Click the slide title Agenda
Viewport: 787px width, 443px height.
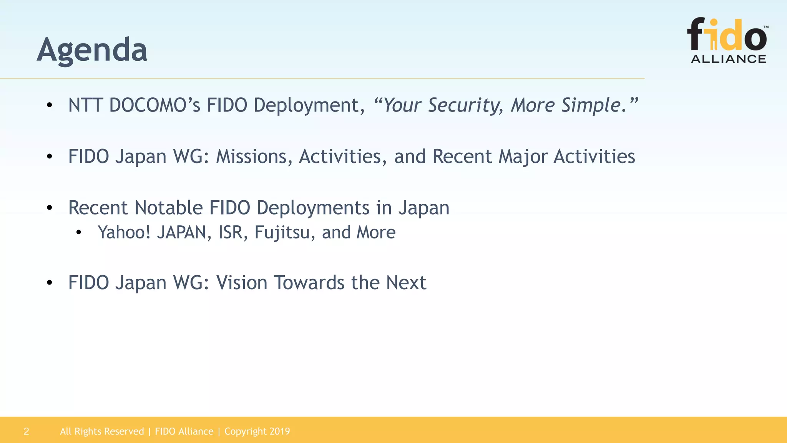coord(92,50)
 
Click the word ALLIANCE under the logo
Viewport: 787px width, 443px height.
coord(728,59)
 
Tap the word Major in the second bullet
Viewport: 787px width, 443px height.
coord(523,157)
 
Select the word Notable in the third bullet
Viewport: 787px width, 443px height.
coord(168,208)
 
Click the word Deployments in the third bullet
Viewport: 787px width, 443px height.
coord(312,208)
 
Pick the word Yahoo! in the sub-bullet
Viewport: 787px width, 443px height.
coord(124,232)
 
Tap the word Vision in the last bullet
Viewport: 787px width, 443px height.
coord(241,283)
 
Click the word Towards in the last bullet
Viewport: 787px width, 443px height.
coord(309,283)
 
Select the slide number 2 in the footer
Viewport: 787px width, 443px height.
coord(26,431)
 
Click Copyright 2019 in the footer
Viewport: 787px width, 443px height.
coord(257,431)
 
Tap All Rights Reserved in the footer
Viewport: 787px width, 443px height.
coord(102,431)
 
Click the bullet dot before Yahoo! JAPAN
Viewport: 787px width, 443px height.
coord(79,233)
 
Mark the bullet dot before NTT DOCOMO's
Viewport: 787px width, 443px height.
coord(49,105)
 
